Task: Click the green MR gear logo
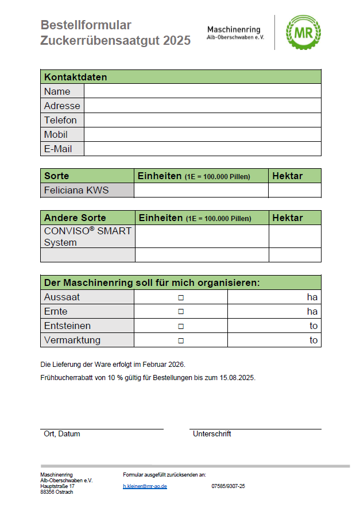point(303,32)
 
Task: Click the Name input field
point(202,91)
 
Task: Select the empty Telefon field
point(202,120)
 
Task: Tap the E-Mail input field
point(202,149)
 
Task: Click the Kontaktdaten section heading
point(76,77)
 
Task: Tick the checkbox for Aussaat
point(181,297)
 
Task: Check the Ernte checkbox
point(181,312)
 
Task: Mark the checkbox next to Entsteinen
point(181,326)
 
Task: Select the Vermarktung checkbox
point(181,340)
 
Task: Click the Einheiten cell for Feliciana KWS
point(201,190)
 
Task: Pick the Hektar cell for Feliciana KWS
point(295,190)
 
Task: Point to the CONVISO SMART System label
point(87,236)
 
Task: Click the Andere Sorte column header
point(75,218)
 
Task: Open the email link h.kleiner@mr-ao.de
point(145,486)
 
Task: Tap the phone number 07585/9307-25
point(228,486)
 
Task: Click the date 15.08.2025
point(237,378)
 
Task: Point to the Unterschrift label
point(212,434)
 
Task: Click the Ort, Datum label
point(62,434)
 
